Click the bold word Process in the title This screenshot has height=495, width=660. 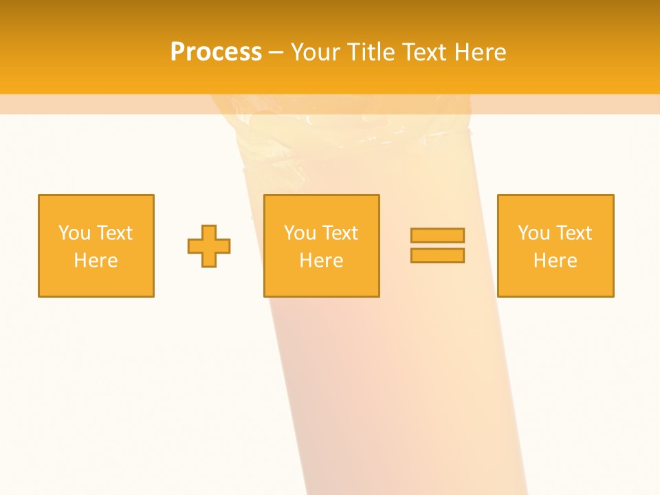[216, 52]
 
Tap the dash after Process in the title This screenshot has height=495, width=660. [276, 52]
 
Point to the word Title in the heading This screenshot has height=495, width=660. [368, 52]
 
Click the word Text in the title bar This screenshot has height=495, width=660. [423, 52]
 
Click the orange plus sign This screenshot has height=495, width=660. [209, 246]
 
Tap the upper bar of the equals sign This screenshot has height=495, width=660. [437, 235]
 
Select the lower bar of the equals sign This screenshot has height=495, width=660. [437, 255]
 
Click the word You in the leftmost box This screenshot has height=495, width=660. [74, 233]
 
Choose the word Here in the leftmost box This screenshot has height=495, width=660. [96, 261]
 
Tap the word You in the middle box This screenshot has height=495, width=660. [300, 233]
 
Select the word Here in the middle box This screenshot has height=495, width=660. [321, 261]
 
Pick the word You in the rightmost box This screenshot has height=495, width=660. [533, 233]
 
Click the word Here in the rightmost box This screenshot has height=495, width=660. [555, 261]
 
